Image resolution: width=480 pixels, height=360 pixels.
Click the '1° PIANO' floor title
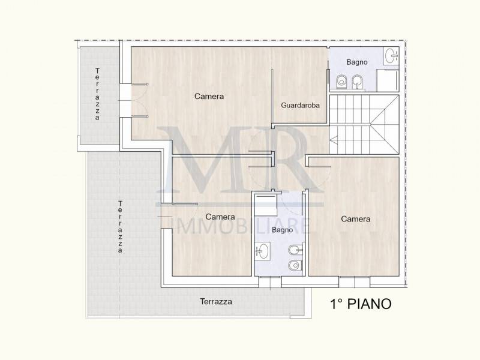[361, 304]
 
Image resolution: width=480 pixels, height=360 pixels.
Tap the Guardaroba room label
[300, 106]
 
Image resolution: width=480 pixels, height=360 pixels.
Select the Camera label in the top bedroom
[209, 97]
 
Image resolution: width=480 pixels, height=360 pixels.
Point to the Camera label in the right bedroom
[355, 219]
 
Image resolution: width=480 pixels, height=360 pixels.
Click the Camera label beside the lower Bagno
[220, 217]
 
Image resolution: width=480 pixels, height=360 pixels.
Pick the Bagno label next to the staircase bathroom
[357, 62]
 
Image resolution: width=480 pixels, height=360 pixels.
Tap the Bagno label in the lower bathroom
[282, 230]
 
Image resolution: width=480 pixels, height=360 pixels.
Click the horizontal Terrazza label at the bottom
[216, 302]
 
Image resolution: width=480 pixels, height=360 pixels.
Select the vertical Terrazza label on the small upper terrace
[97, 94]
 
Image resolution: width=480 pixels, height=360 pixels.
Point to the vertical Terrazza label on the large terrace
[120, 227]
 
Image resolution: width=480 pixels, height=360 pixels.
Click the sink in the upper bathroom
[392, 56]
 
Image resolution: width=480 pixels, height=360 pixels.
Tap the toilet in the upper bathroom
[341, 82]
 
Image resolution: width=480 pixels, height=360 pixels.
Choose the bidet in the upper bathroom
[357, 82]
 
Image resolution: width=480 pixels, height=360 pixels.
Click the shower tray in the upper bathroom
[388, 80]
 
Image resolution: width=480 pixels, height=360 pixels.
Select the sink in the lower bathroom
[262, 251]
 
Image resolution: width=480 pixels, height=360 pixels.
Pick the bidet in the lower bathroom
[296, 250]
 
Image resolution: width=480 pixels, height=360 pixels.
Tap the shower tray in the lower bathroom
[266, 205]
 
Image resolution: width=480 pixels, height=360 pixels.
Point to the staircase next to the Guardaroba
[364, 124]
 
